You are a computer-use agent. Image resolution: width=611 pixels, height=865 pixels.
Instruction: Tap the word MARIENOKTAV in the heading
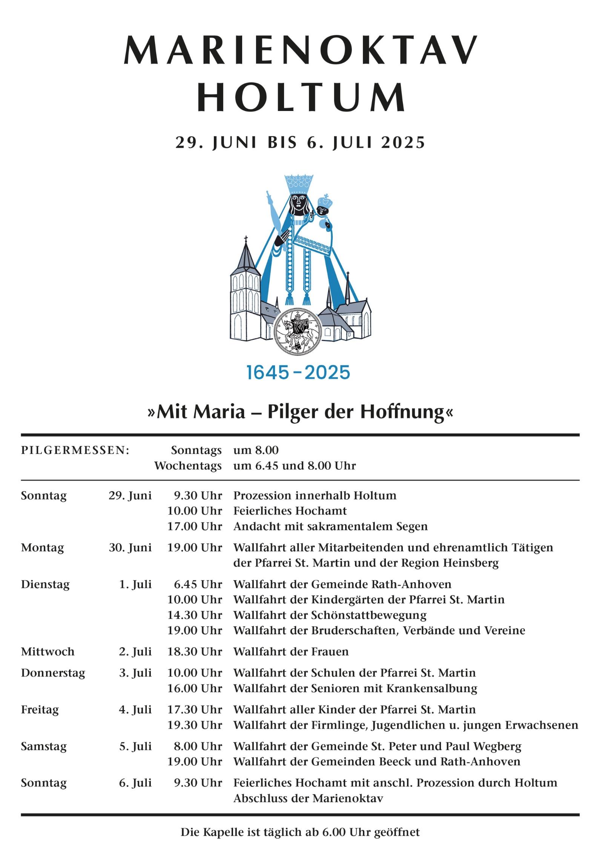(301, 50)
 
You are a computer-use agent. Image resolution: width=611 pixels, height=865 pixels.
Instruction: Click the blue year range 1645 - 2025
(298, 372)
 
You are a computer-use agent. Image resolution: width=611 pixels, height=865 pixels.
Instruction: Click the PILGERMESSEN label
(75, 450)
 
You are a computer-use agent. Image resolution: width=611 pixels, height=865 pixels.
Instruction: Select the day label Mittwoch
(48, 652)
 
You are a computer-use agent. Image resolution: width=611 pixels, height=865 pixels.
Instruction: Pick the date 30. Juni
(130, 547)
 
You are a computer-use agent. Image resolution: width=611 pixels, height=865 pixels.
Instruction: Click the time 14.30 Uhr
(195, 615)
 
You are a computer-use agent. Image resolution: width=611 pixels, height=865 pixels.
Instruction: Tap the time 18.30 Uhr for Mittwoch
(195, 652)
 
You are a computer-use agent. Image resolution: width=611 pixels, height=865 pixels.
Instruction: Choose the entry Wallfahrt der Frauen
(291, 652)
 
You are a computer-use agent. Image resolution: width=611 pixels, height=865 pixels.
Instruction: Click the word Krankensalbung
(431, 688)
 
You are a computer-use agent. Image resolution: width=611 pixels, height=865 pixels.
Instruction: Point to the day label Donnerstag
(53, 673)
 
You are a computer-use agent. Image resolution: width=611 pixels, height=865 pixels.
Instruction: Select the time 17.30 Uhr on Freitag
(195, 709)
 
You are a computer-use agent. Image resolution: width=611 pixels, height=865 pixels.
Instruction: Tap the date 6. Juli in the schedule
(135, 783)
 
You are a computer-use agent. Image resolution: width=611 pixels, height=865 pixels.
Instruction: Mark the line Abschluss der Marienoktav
(308, 798)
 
